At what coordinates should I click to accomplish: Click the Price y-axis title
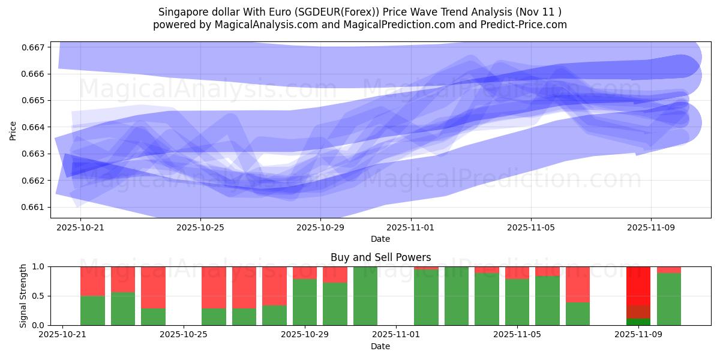pos(13,130)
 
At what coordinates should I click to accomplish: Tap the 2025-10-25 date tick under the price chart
pos(200,227)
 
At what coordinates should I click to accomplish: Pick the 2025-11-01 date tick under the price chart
pos(411,227)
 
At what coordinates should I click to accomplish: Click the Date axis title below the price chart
pos(380,239)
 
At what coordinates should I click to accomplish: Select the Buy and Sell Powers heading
pos(380,257)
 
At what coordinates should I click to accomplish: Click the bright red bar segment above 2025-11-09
pos(638,285)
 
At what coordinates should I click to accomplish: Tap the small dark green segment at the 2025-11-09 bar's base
pos(638,322)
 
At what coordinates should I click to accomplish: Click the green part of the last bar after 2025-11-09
pos(669,299)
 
